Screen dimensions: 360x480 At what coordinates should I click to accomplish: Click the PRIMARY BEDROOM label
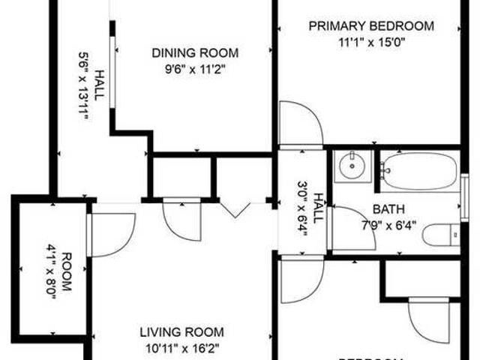(x=372, y=26)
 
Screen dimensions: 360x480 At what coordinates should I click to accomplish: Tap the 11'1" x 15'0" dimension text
(x=372, y=42)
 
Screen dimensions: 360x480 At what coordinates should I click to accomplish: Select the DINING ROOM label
(x=196, y=53)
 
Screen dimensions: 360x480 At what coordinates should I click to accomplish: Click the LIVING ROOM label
(x=182, y=331)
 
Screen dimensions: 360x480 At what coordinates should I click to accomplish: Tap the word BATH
(x=385, y=211)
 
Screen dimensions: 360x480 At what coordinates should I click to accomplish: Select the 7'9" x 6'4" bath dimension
(x=390, y=226)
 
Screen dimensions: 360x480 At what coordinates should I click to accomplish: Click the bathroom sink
(x=350, y=165)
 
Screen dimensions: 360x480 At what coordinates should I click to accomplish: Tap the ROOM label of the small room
(x=66, y=268)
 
